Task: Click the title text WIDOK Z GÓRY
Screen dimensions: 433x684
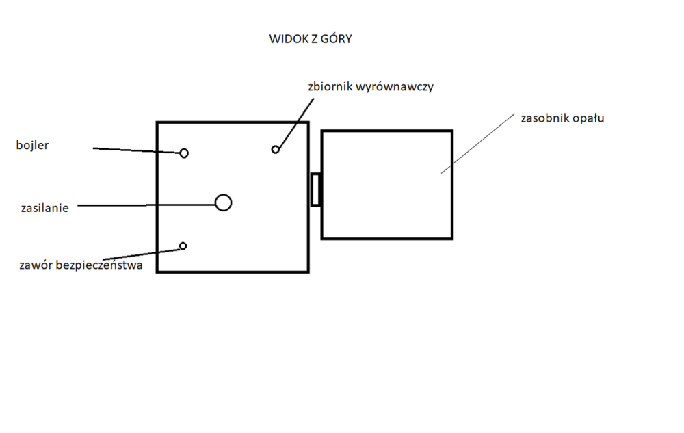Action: click(311, 39)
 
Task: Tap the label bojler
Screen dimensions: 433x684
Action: click(34, 145)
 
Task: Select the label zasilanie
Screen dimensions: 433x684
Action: click(44, 208)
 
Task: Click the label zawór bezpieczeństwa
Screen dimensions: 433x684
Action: click(81, 265)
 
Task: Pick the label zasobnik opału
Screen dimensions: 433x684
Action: click(562, 118)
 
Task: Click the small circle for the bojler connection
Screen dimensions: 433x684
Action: click(184, 153)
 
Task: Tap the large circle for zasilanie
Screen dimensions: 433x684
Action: click(223, 202)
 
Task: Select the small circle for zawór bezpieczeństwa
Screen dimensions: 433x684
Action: click(183, 246)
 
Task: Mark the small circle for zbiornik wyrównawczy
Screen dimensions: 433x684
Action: click(276, 149)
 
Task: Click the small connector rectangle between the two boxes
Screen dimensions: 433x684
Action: click(315, 189)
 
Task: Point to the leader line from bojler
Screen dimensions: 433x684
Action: click(137, 150)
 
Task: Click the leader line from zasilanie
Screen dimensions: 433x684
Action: click(144, 204)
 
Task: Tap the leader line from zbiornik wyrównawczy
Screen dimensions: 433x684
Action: click(295, 123)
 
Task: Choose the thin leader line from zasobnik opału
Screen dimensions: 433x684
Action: click(479, 142)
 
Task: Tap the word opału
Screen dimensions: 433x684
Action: click(590, 118)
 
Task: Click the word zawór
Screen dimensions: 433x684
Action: click(36, 265)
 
